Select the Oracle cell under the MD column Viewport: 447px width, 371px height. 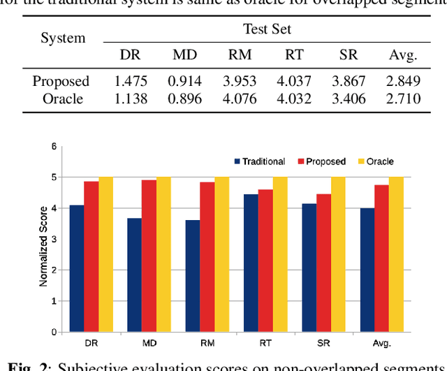pyautogui.click(x=184, y=99)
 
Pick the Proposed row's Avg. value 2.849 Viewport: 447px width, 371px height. pyautogui.click(x=403, y=81)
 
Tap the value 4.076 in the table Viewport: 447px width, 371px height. pyautogui.click(x=239, y=99)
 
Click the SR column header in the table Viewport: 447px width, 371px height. pyautogui.click(x=349, y=54)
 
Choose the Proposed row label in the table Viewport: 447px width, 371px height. pyautogui.click(x=61, y=81)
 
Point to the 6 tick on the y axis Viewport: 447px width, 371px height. pyautogui.click(x=53, y=147)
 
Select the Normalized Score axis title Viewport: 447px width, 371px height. pyautogui.click(x=43, y=246)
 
